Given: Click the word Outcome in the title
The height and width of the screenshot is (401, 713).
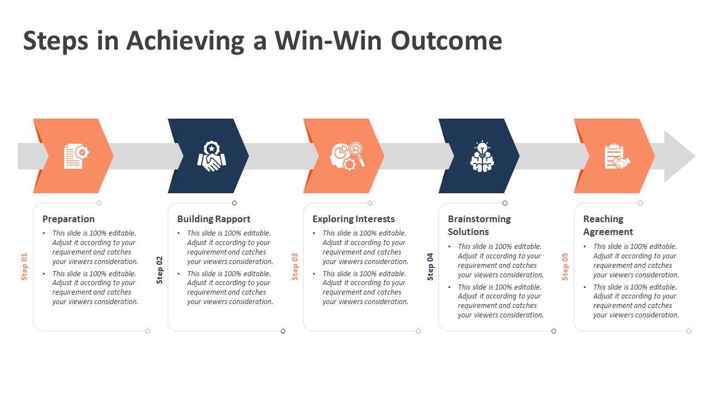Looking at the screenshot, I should tap(446, 41).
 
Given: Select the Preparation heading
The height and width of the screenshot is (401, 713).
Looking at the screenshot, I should tap(69, 219).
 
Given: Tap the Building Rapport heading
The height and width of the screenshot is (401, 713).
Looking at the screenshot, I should tap(214, 219).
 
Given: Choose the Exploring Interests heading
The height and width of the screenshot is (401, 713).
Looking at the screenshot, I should tap(354, 219).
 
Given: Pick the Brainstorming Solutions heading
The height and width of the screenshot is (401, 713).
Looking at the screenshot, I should tap(479, 226).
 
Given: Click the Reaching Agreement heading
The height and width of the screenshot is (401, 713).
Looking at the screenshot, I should tap(608, 226).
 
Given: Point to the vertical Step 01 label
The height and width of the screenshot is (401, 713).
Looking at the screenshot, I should tap(25, 267).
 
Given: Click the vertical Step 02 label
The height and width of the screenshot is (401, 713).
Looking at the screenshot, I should tap(160, 270).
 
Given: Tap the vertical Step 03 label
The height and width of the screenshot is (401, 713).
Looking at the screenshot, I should tap(295, 267).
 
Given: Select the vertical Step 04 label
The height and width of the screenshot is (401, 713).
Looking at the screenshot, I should tap(431, 267).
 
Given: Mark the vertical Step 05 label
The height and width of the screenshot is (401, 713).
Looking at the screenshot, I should tap(565, 267).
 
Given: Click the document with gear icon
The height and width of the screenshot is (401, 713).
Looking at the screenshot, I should tap(75, 157).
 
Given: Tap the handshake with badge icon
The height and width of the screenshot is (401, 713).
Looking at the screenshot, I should tap(211, 157).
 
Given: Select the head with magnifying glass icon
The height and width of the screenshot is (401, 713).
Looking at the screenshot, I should tap(347, 157).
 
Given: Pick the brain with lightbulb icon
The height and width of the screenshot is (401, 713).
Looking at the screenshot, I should tap(482, 157).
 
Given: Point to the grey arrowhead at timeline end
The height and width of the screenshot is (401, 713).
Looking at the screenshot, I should tap(679, 157).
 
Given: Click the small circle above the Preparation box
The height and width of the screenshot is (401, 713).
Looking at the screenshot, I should tap(99, 203).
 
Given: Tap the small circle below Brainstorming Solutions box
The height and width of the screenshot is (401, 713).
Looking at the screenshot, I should tap(554, 331).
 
